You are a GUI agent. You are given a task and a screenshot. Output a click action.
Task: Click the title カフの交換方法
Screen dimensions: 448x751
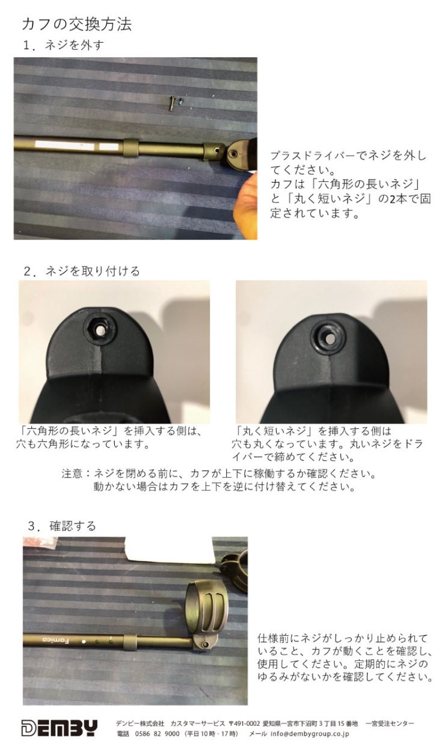[77, 24]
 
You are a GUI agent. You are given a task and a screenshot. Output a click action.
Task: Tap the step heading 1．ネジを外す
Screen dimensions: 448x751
[64, 45]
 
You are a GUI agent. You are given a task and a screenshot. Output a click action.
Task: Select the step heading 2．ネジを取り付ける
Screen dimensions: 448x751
[82, 271]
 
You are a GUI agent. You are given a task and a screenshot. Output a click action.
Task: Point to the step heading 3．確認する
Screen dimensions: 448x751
[62, 526]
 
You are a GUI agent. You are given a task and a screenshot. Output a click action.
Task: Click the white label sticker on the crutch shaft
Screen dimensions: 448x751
[77, 145]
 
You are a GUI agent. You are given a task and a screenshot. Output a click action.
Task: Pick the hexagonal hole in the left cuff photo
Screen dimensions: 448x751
[100, 330]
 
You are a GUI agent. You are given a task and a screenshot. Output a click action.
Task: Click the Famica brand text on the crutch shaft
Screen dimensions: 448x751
[56, 640]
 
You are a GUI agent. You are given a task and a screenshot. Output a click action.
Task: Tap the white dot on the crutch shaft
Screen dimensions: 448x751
[84, 642]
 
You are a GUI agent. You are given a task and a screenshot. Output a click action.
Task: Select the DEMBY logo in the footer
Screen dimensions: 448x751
[60, 728]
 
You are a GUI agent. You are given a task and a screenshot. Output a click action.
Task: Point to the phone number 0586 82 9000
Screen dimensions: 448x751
[157, 734]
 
